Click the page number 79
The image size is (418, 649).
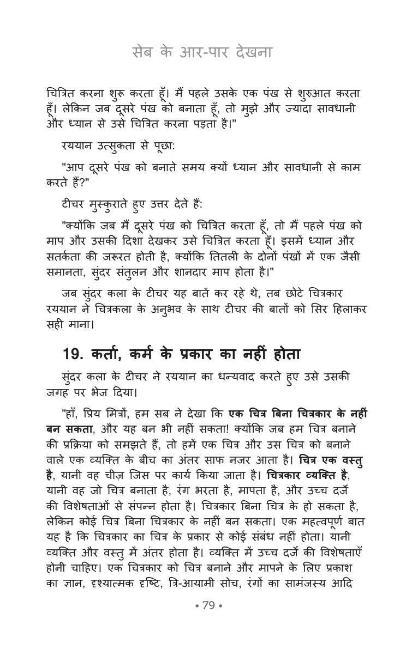209,605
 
